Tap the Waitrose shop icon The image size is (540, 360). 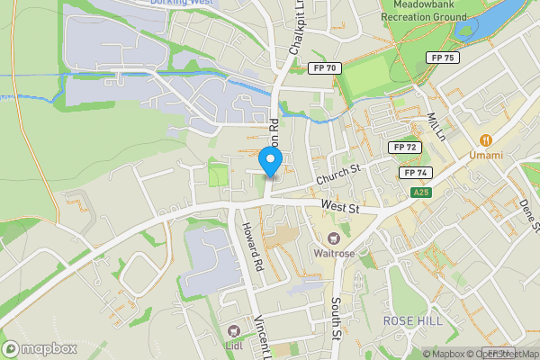coord(334,238)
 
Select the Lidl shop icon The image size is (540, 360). coord(234,331)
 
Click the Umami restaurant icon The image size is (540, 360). coord(486,139)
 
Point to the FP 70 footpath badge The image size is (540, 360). coord(322,68)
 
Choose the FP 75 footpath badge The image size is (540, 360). coord(443,58)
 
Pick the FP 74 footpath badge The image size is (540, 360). coord(415,173)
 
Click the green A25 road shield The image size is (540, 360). coord(420,193)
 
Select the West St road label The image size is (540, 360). coord(341,209)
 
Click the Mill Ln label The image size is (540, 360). coord(437,127)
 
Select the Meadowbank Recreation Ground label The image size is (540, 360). coord(422,10)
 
